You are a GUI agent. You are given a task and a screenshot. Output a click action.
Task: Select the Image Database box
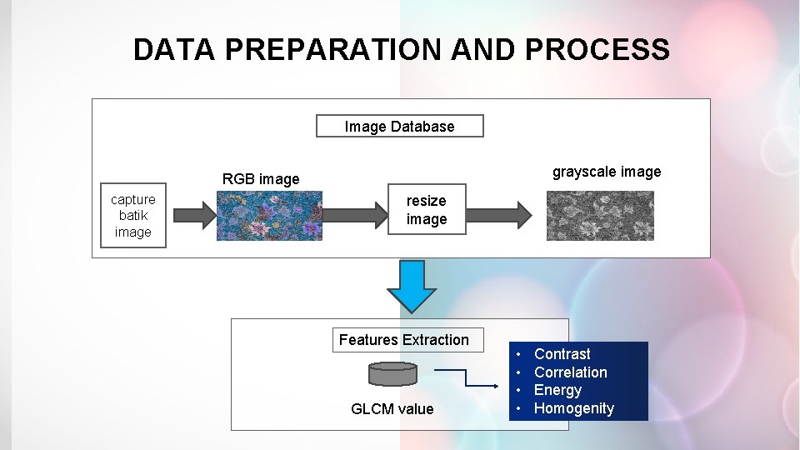pos(399,127)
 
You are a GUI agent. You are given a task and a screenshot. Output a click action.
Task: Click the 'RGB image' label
pos(261,179)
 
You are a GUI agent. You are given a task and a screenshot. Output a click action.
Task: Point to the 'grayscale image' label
pos(607,172)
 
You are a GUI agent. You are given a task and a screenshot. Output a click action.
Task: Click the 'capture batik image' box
pos(133,216)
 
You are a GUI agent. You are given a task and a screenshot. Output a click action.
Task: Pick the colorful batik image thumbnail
pos(269,216)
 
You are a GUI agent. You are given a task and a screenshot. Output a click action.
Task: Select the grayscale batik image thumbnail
pos(600,216)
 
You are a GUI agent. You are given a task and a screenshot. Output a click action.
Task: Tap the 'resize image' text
pos(427,210)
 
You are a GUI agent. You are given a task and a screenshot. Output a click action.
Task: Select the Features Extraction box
pos(404,340)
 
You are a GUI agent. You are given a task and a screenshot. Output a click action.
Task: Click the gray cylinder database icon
pos(392,374)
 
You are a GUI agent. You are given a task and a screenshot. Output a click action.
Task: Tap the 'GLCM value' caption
pos(392,408)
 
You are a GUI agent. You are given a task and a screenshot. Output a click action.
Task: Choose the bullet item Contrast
pos(562,354)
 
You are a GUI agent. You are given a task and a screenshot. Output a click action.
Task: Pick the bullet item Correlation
pos(571,372)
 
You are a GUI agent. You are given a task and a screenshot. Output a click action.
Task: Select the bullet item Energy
pos(558,390)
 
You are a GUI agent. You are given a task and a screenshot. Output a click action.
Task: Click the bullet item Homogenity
pos(574,408)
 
